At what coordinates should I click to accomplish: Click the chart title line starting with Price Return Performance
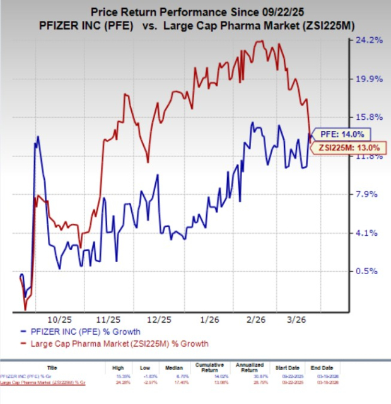point(195,11)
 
